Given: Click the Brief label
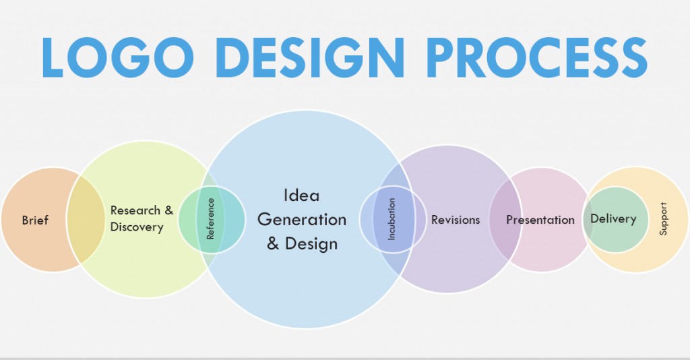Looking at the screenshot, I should [35, 220].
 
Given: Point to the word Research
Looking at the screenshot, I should [135, 210].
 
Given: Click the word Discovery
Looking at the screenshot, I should [137, 227].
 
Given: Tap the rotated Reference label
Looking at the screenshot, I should [211, 218].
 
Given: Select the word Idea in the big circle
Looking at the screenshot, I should [301, 196].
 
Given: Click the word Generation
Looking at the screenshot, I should [302, 219].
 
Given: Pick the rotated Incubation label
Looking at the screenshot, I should [393, 219].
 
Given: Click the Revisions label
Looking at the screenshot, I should [456, 220].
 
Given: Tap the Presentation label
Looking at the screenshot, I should [540, 220].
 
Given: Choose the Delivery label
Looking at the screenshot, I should [613, 218].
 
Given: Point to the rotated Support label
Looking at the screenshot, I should [664, 218].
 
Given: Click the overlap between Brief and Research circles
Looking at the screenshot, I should [85, 220].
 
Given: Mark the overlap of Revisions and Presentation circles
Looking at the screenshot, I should [505, 219].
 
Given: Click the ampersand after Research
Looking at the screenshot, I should [168, 210].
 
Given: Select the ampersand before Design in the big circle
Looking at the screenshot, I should [273, 243].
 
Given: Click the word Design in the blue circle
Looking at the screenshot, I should [311, 243].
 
